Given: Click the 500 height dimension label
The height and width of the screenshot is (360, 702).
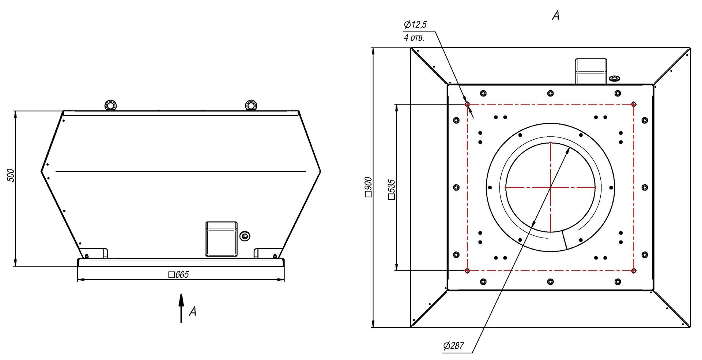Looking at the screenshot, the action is tap(11, 176).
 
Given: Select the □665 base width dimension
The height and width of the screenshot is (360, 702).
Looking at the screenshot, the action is tap(179, 275).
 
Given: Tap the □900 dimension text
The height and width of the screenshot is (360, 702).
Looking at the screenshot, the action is tap(368, 187).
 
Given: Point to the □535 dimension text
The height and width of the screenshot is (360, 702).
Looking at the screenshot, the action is tap(392, 189).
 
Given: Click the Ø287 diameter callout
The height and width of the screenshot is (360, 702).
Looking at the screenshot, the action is tap(453, 345).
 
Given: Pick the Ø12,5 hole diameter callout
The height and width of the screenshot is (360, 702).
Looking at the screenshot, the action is tap(415, 25).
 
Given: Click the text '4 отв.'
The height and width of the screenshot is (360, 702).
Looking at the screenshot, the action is tap(414, 38).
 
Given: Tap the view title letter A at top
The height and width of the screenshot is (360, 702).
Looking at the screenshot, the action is tap(556, 15).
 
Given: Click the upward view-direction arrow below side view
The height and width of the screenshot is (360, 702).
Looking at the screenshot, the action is tap(181, 308).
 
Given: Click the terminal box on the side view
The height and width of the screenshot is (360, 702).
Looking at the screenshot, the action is tap(221, 239).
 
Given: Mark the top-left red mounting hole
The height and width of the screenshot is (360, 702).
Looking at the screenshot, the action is tap(467, 104).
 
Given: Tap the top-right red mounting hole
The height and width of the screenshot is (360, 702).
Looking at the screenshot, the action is tap(634, 104).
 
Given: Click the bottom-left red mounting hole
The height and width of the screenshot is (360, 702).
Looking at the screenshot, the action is tap(467, 271).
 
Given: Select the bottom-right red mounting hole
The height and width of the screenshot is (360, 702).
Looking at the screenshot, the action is tap(634, 271).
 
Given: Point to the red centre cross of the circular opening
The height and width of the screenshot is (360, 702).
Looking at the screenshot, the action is tap(550, 187).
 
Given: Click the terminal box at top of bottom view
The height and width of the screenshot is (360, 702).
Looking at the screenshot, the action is tap(591, 71).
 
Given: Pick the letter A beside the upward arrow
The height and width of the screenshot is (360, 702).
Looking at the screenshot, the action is tap(193, 311).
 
